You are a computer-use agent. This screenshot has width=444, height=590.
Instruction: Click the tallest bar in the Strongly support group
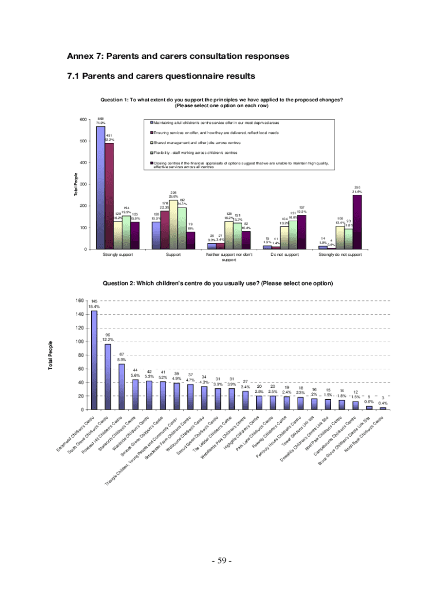(100, 188)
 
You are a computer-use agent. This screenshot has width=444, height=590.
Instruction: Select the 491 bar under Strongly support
(109, 196)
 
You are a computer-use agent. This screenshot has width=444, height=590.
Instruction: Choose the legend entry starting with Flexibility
(191, 153)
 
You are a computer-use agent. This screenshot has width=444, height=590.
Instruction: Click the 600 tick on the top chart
(82, 120)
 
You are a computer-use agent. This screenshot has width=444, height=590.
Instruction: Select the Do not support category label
(284, 254)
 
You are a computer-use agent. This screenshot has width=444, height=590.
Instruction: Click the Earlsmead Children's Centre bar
(94, 360)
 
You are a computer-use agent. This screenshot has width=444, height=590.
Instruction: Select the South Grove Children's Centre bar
(108, 376)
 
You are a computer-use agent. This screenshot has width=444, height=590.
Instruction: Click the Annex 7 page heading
(178, 56)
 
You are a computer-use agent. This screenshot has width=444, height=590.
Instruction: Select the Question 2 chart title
(217, 283)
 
